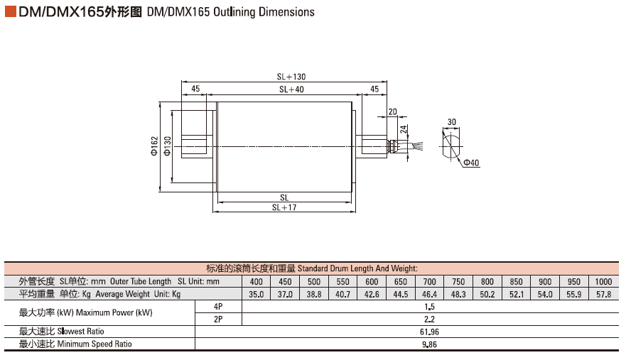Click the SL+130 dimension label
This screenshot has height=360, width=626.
pos(291,77)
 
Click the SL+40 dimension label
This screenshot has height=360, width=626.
pos(291,89)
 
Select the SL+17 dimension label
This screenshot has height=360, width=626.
pos(284,208)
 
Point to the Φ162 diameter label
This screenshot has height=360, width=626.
pos(154,146)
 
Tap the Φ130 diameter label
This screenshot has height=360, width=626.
pos(168,146)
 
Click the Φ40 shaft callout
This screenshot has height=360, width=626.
pos(472,163)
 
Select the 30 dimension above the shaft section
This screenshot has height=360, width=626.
pos(452,122)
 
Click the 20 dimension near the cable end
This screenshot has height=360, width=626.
pos(392,112)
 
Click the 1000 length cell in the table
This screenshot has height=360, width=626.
pos(604,282)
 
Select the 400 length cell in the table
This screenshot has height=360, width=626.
pos(257,282)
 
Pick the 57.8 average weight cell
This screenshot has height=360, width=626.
pos(604,294)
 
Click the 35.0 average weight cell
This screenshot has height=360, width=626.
pos(257,294)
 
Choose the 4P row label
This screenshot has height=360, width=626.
pos(218,306)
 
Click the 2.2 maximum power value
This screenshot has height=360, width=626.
pos(429,319)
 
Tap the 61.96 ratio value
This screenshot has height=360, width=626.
pos(429,332)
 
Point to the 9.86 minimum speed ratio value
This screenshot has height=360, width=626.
pos(429,344)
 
